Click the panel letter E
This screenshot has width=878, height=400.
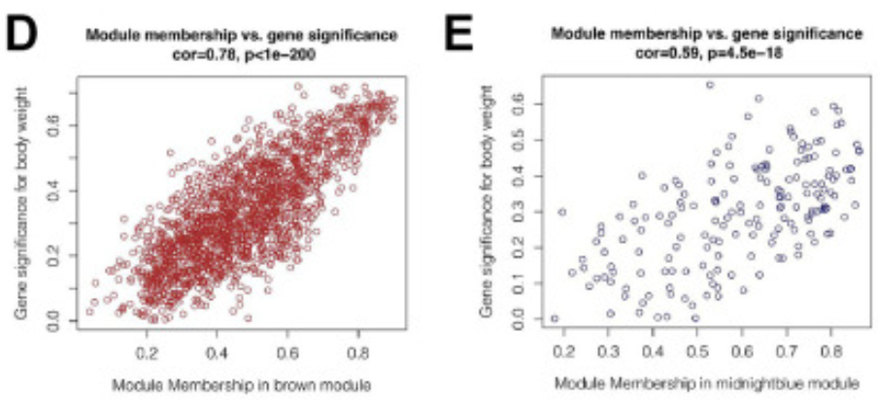tap(465, 38)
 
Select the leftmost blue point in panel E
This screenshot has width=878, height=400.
tap(555, 317)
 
